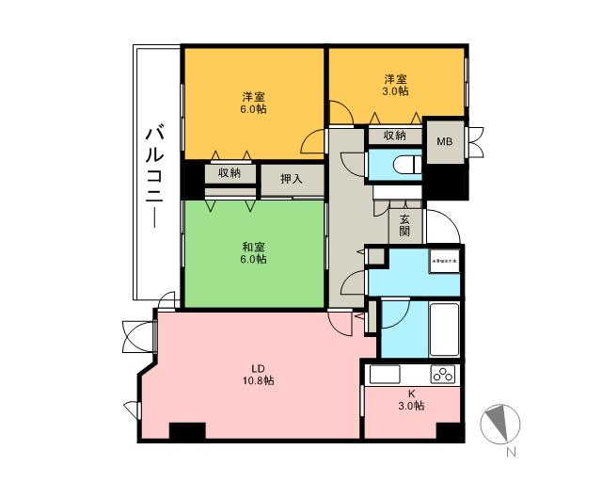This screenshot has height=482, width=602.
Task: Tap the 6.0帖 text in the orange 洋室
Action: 253,109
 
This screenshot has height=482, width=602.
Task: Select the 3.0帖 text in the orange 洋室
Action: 395,91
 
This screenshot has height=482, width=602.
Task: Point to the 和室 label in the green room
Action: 253,247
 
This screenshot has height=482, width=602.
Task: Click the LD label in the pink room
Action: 256,368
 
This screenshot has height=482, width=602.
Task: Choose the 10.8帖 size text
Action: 256,381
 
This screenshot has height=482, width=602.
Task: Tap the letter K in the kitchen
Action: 411,394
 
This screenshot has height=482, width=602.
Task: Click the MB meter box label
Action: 444,141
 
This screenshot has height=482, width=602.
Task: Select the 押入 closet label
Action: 292,179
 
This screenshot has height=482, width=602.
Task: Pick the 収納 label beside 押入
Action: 230,172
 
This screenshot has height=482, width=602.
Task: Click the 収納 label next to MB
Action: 395,137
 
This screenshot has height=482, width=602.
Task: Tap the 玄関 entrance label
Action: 404,225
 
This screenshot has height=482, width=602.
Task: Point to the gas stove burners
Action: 442,375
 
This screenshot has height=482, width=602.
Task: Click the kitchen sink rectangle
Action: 386,375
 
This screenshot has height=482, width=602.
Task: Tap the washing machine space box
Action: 445,260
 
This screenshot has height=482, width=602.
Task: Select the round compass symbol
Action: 499,424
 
